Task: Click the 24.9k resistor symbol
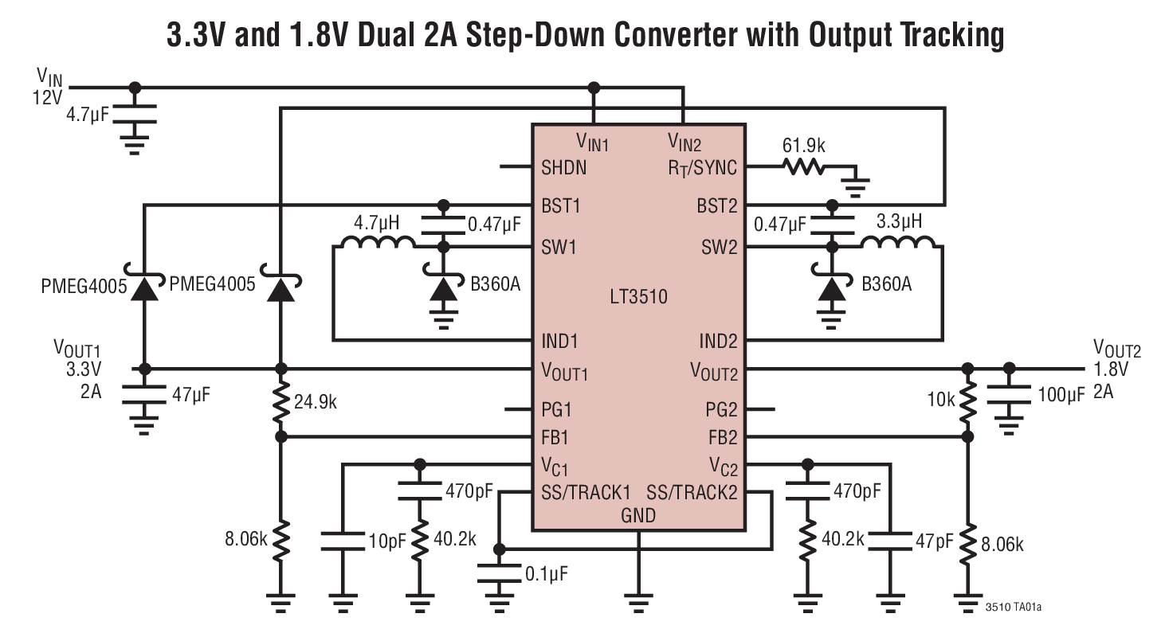click(280, 403)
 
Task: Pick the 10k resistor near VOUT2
click(967, 403)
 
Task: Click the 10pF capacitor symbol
click(343, 541)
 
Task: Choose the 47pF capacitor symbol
click(889, 541)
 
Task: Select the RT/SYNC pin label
click(701, 168)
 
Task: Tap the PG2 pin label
click(722, 411)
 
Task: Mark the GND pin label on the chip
click(638, 515)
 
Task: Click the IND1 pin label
click(559, 342)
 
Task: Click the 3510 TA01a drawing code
click(1013, 608)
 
